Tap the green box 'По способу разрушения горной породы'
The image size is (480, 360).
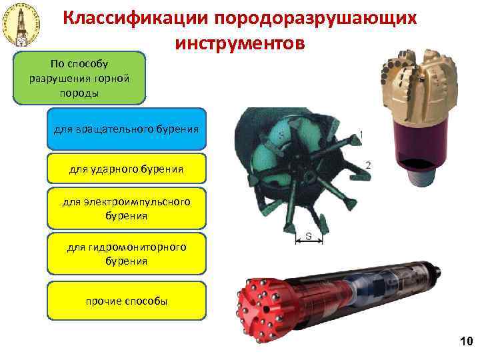pyautogui.click(x=79, y=78)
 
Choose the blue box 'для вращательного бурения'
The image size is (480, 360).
pyautogui.click(x=126, y=127)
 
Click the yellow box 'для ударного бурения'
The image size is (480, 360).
pyautogui.click(x=126, y=169)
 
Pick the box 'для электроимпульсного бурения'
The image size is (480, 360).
pyautogui.click(x=126, y=208)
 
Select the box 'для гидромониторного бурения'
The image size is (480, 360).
pyautogui.click(x=126, y=254)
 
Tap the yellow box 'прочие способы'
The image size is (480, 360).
pyautogui.click(x=126, y=301)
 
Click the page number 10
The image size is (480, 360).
pyautogui.click(x=465, y=342)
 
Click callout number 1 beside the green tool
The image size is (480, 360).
pyautogui.click(x=361, y=135)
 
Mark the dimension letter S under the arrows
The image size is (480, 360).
pyautogui.click(x=309, y=235)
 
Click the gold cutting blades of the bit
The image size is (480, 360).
pyautogui.click(x=417, y=87)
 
